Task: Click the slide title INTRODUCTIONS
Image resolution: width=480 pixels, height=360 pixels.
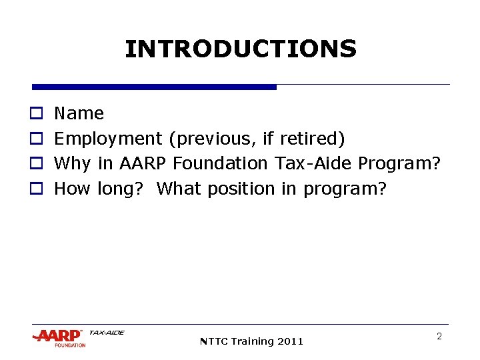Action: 241,49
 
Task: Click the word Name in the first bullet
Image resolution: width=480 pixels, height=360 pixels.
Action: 79,113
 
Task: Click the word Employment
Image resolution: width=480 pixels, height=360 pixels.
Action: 107,139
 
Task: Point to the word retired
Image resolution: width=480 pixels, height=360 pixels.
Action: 312,139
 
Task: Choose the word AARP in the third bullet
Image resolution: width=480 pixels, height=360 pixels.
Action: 143,163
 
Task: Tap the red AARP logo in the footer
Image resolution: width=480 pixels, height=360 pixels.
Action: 59,336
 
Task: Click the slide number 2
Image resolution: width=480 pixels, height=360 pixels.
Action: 439,337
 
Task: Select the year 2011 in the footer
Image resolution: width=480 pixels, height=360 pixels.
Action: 290,341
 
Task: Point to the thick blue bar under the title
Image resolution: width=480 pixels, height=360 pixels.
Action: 154,87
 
